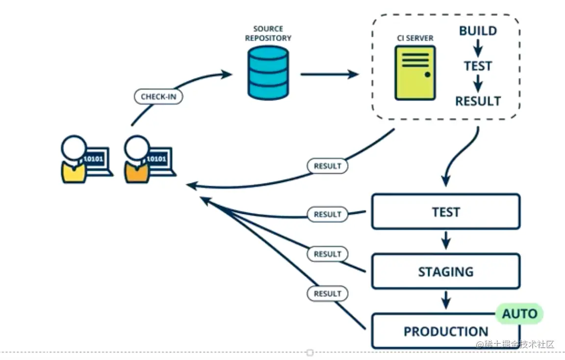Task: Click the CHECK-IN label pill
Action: pos(158,97)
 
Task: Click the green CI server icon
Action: pos(415,73)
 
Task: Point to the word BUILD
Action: pos(478,31)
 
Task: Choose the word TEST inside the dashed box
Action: pos(478,66)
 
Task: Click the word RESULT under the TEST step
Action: pos(478,101)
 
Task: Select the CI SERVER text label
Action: pos(415,38)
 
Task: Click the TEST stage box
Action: pos(445,212)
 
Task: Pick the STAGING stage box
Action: pos(445,271)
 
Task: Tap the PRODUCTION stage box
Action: pos(445,331)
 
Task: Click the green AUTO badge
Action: pos(519,313)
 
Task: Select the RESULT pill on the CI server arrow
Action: pos(327,166)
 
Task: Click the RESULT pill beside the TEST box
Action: pos(327,214)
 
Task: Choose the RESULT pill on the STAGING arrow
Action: pos(327,254)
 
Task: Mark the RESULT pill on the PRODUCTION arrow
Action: pos(327,294)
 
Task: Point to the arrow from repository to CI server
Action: pos(329,75)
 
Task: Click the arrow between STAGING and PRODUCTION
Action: pos(445,300)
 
